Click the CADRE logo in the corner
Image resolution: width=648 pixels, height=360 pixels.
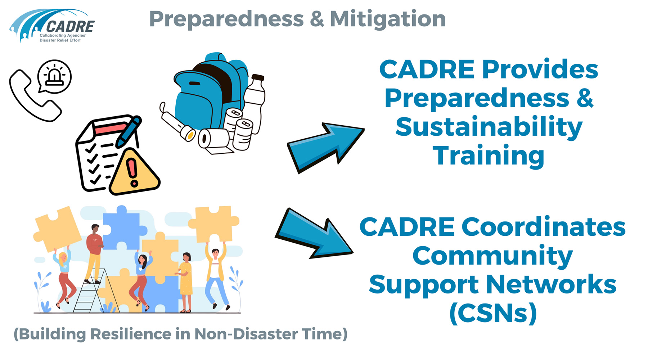[x=52, y=26]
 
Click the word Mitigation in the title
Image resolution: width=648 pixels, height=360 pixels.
[x=388, y=19]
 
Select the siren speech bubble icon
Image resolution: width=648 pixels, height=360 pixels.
[x=55, y=77]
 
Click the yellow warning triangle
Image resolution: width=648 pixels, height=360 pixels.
[x=134, y=172]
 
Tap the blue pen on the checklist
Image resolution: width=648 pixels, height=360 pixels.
[x=128, y=132]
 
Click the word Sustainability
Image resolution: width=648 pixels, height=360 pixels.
[x=489, y=127]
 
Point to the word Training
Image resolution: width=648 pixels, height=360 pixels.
[x=488, y=156]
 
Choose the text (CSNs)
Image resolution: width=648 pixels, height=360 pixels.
[x=493, y=313]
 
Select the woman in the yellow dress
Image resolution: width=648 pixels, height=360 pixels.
[x=185, y=282]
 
